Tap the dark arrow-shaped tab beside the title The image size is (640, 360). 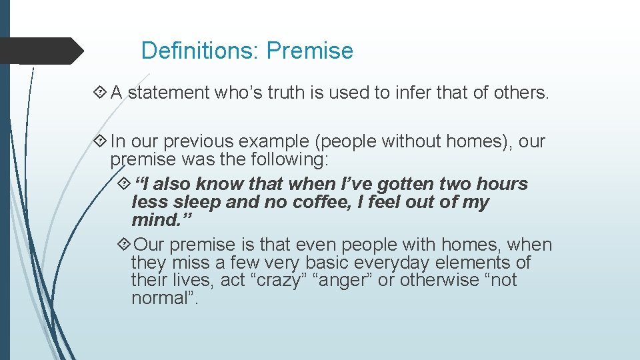[x=40, y=51]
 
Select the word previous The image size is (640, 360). [x=199, y=142]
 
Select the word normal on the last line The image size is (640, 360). [x=158, y=299]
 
